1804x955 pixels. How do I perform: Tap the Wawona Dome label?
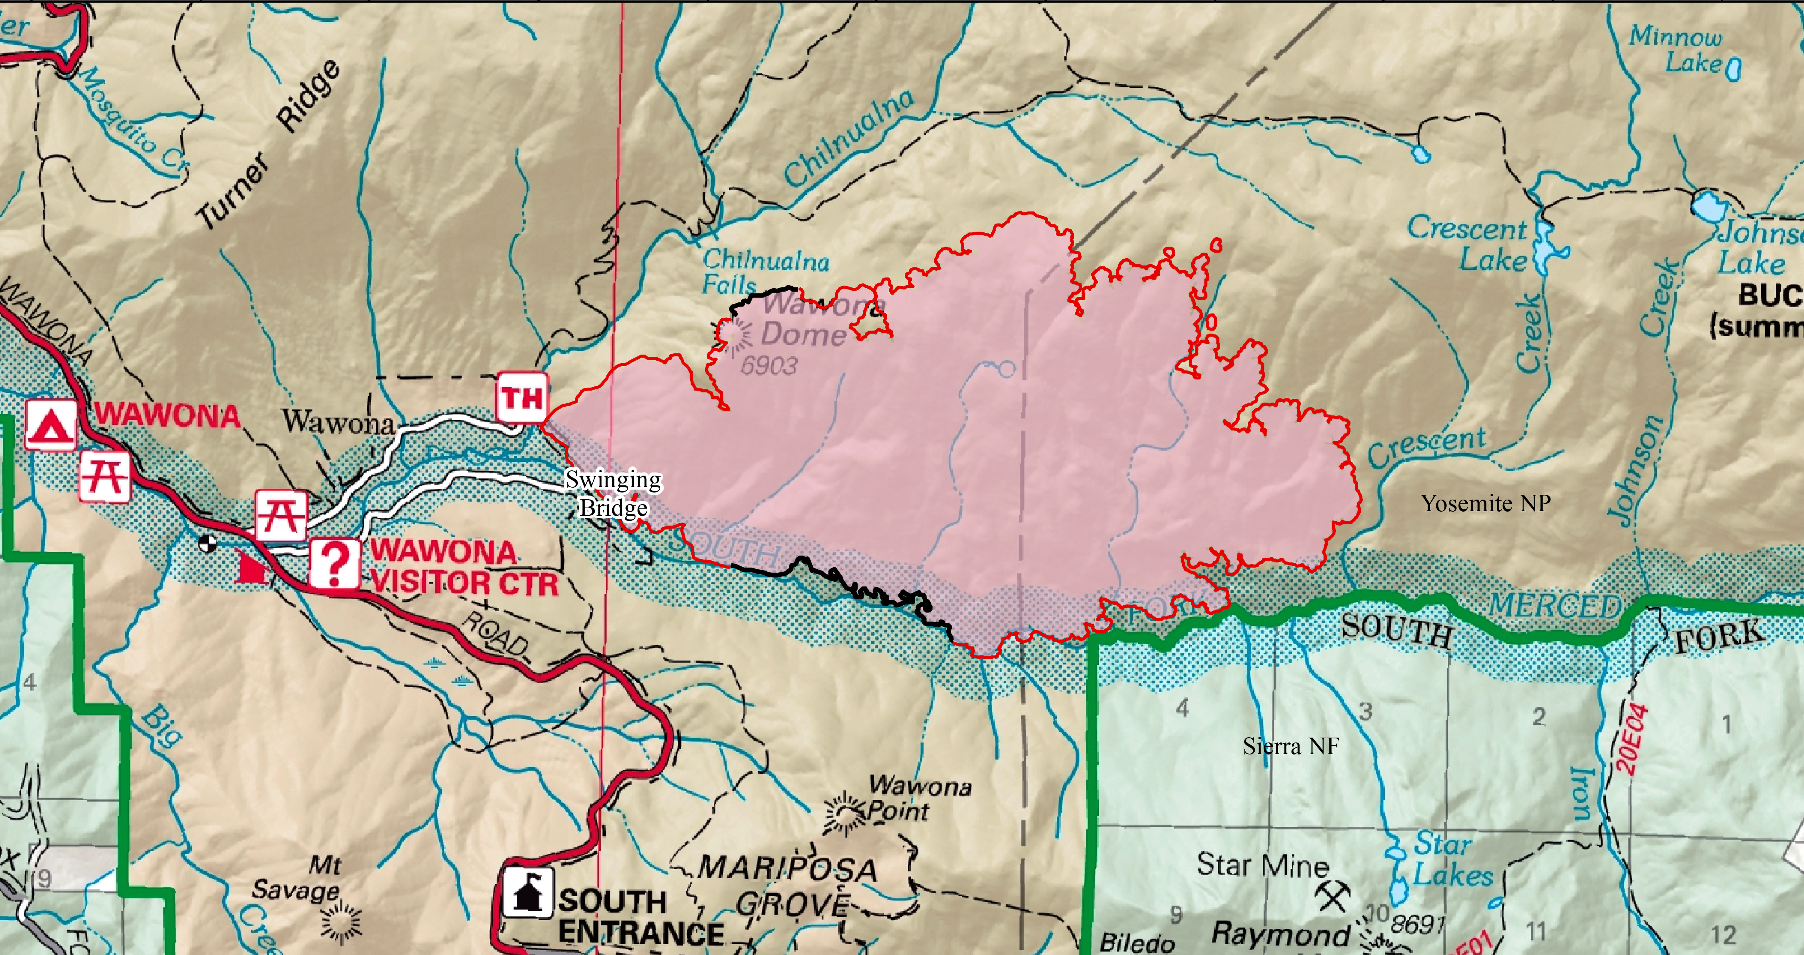[812, 319]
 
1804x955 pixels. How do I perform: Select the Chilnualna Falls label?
[765, 271]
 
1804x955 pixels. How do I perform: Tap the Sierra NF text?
[1291, 746]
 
